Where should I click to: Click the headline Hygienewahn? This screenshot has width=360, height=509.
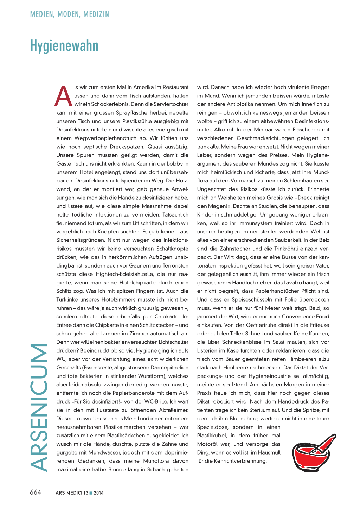point(64,46)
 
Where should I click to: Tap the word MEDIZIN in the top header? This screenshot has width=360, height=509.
point(96,14)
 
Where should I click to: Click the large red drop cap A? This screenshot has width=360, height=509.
point(63,97)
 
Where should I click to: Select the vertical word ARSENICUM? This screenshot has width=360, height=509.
point(39,407)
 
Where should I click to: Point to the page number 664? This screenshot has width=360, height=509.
point(36,492)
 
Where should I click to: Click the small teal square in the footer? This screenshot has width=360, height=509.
point(91,493)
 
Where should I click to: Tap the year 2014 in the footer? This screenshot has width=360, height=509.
point(99,493)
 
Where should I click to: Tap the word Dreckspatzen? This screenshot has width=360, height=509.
point(127,147)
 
